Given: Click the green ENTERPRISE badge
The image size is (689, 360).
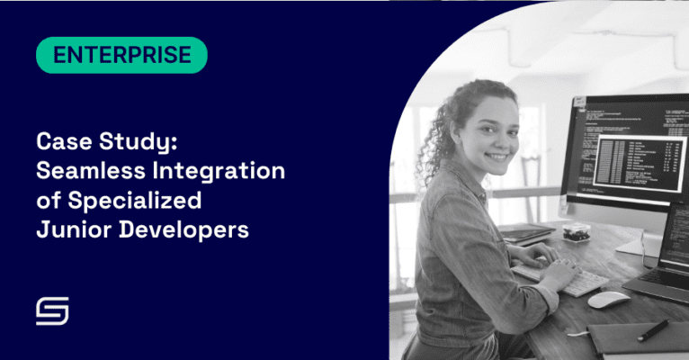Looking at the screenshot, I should [121, 56].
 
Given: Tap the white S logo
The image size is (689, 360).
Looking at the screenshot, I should [52, 311].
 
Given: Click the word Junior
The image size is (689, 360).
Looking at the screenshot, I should [72, 229].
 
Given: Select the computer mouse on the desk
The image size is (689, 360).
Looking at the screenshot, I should [609, 299].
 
